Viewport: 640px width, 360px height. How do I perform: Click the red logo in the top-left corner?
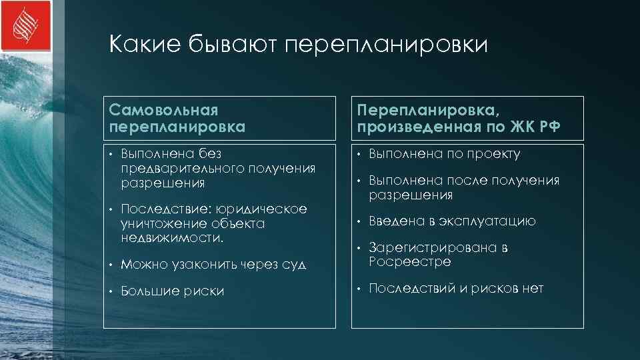[26, 26]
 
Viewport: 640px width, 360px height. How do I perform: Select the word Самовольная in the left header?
[164, 109]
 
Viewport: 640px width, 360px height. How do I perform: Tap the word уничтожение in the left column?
[160, 223]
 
